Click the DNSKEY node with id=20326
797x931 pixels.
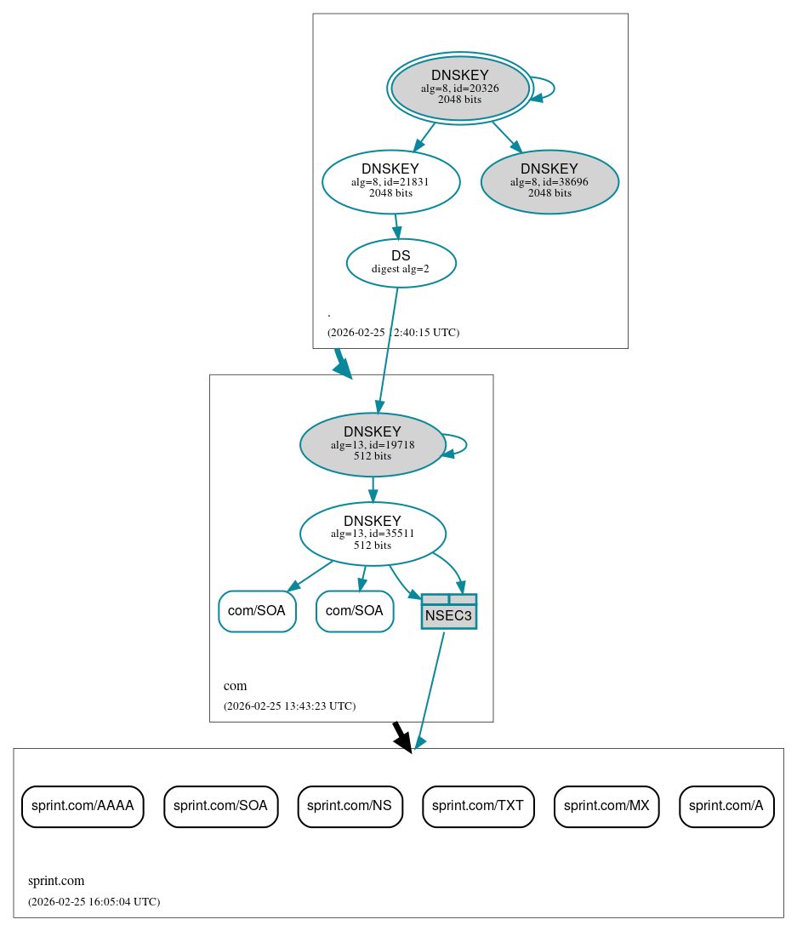click(459, 88)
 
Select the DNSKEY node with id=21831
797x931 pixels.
click(390, 181)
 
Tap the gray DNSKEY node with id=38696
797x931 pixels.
click(549, 182)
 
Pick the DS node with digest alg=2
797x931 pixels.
click(401, 263)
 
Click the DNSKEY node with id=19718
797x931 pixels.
click(373, 444)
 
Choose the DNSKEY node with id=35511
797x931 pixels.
click(373, 534)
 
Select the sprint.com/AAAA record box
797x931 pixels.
click(83, 806)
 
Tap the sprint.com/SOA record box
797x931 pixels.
click(220, 806)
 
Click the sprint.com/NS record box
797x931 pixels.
click(349, 806)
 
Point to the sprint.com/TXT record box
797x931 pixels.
click(478, 806)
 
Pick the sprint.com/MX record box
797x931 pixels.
click(606, 806)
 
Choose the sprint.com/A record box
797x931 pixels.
click(726, 806)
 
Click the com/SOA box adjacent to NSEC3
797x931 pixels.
click(355, 611)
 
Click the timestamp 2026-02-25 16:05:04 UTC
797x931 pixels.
click(94, 902)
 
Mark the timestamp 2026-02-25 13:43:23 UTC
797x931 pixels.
click(289, 706)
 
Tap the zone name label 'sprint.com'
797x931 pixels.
click(56, 882)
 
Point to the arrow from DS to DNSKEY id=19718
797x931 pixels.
click(388, 349)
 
